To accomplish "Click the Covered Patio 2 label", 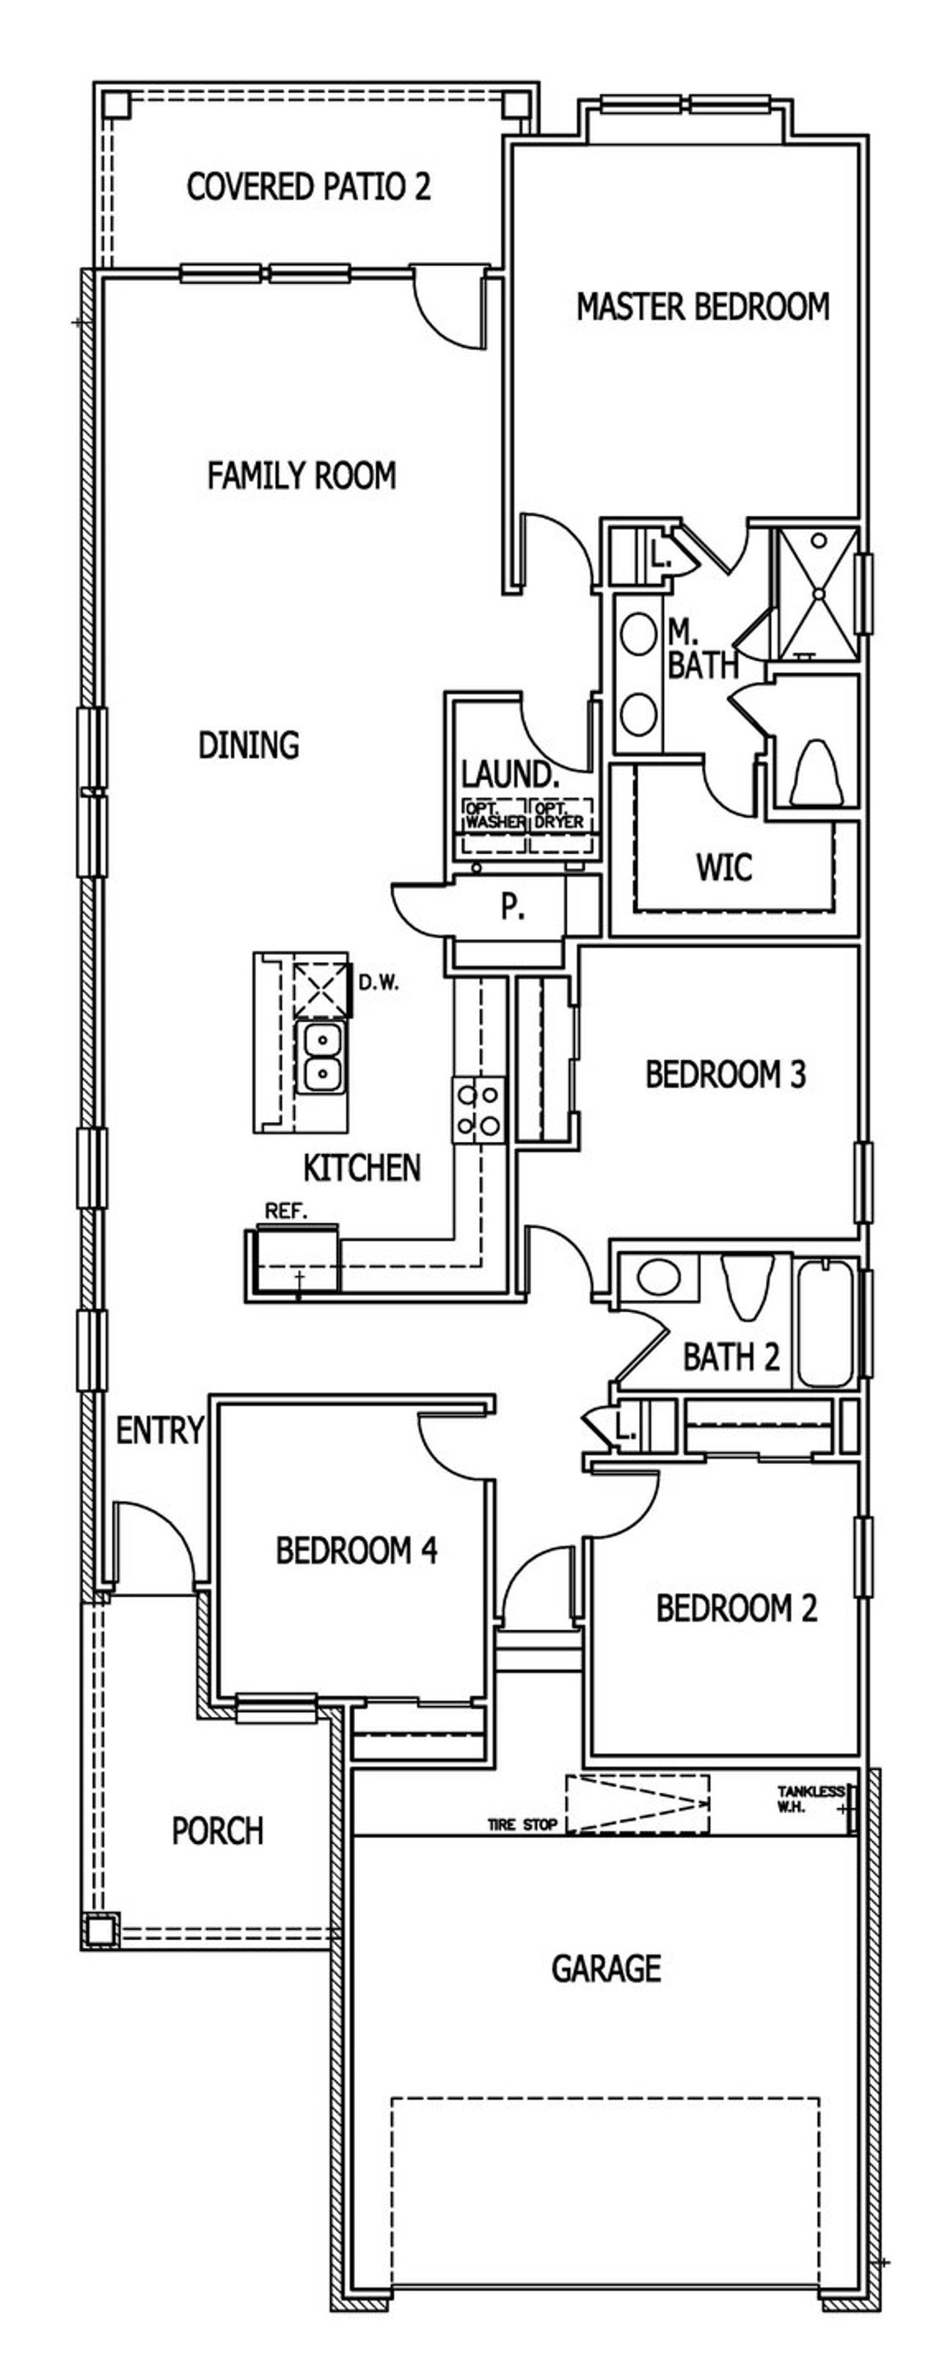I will pyautogui.click(x=308, y=187).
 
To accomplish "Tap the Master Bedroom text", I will pyautogui.click(x=702, y=307).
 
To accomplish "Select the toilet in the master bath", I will pyautogui.click(x=815, y=772).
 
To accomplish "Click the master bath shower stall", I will pyautogui.click(x=817, y=594).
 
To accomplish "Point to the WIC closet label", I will pyautogui.click(x=723, y=867).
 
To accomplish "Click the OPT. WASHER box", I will pyautogui.click(x=494, y=815).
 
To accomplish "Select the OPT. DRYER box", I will pyautogui.click(x=559, y=815).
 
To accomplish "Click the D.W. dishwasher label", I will pyautogui.click(x=379, y=983).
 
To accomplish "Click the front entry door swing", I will pyautogui.click(x=152, y=1543).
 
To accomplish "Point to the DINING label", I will pyautogui.click(x=249, y=744).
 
